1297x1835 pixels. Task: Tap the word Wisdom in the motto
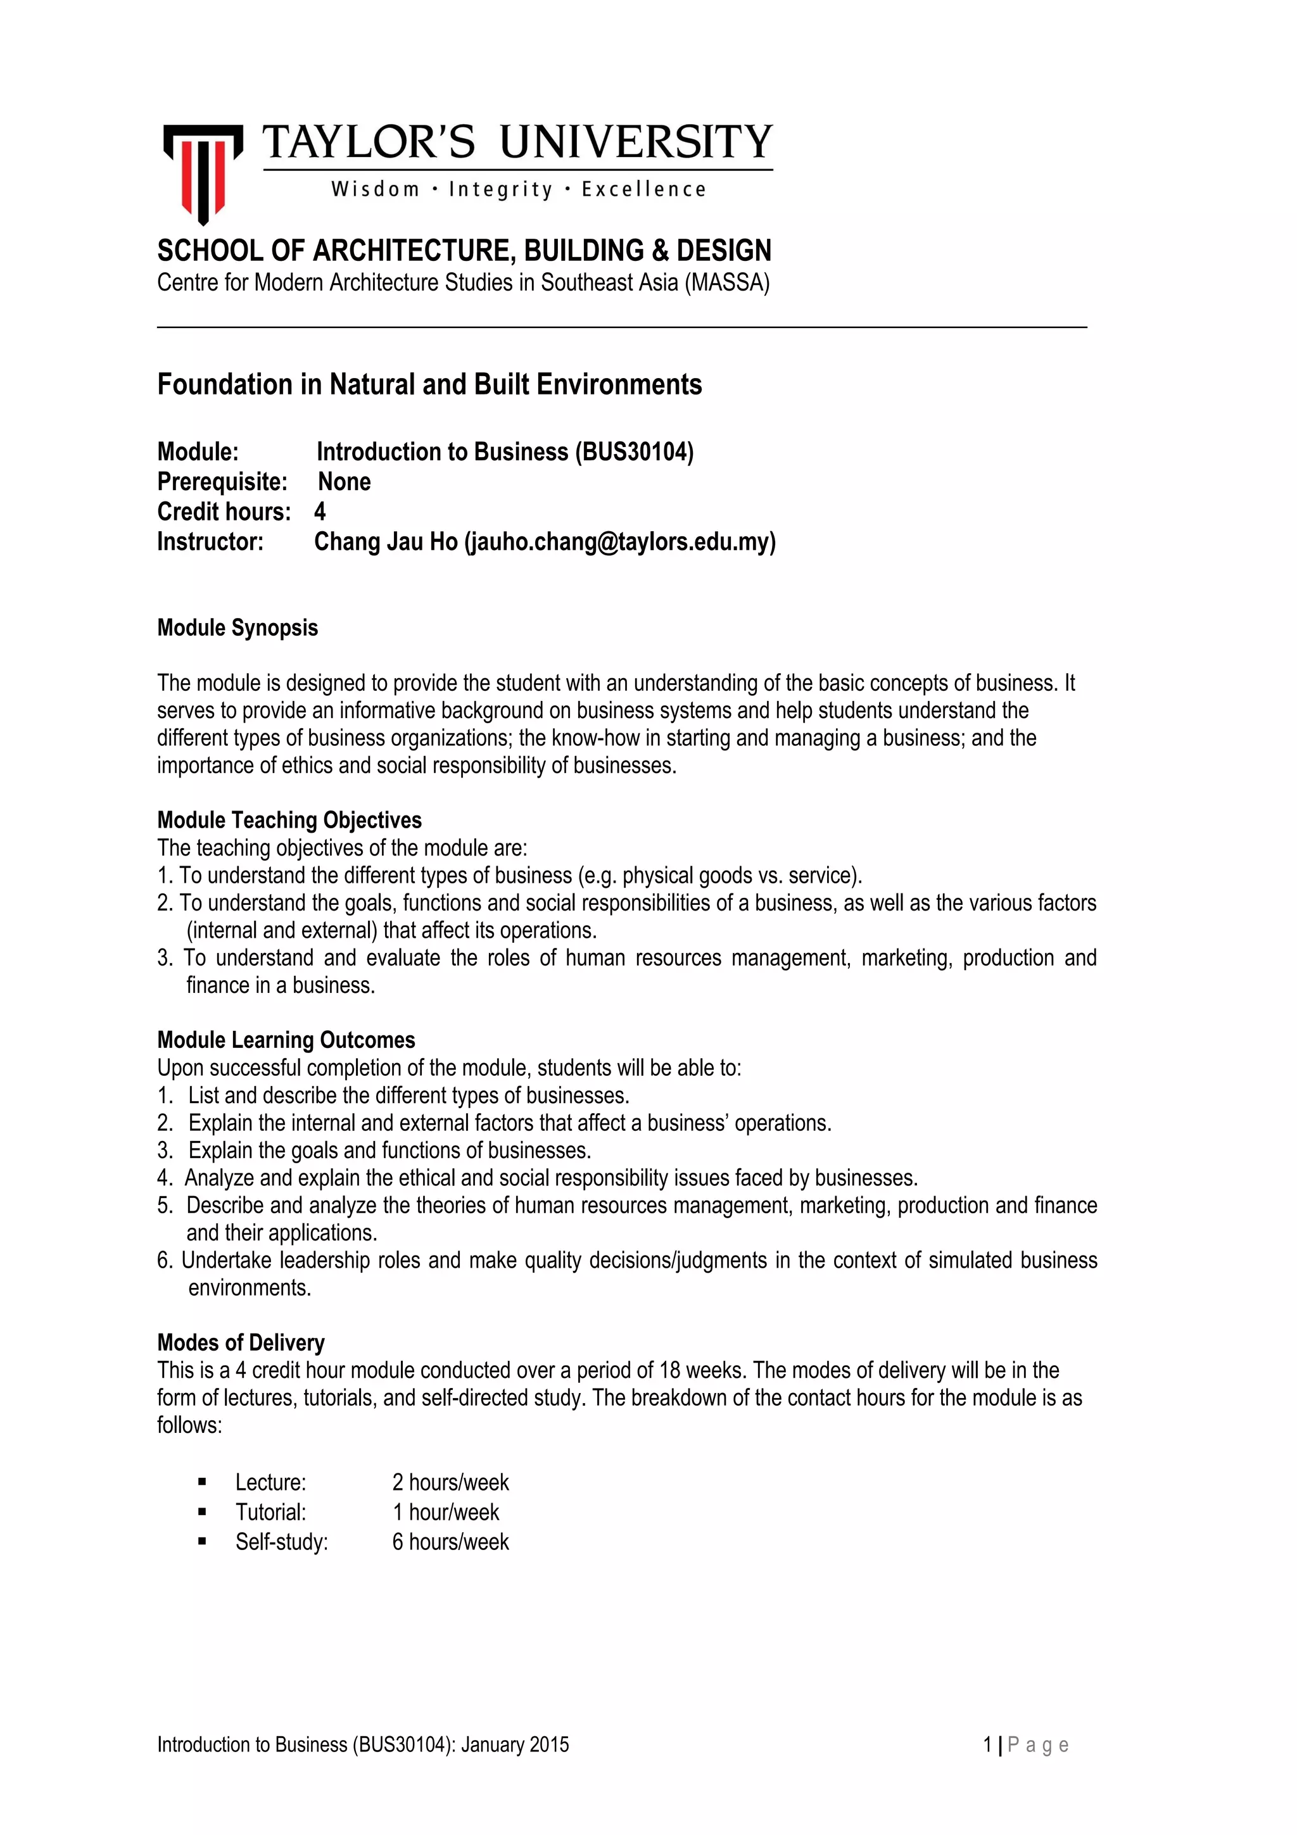[376, 189]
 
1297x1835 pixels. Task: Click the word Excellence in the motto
[643, 189]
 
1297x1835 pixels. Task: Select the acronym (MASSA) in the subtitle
[726, 283]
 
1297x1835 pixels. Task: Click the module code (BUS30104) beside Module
[634, 452]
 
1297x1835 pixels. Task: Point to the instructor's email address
[620, 542]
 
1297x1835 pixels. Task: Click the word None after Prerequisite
[345, 482]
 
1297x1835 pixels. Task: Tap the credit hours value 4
[320, 512]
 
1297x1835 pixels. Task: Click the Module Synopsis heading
[237, 628]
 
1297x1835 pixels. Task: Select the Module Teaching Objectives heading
[289, 820]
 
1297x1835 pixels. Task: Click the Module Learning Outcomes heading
[286, 1040]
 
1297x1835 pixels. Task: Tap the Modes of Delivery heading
[241, 1342]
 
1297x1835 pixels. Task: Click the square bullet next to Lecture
[202, 1482]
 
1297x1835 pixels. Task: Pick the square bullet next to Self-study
[202, 1542]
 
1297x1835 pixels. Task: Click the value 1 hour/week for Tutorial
[445, 1512]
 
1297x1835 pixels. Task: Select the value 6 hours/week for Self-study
[450, 1542]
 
